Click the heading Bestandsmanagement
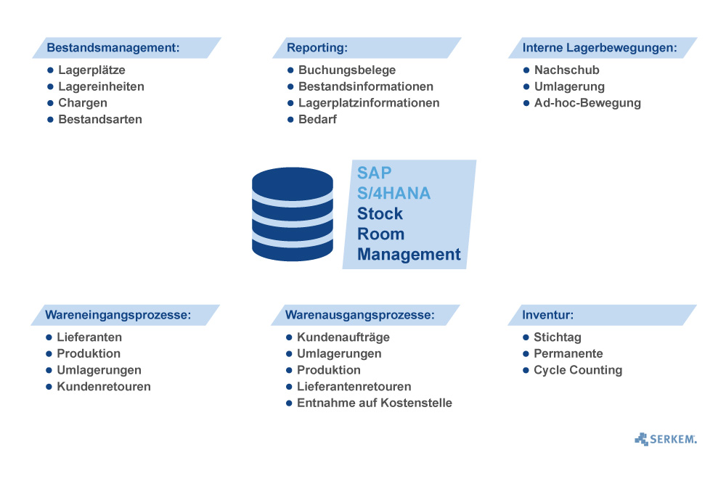[113, 48]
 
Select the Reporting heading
[317, 48]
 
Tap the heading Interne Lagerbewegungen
[600, 48]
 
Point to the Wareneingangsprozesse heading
[118, 315]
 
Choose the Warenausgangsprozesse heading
[359, 315]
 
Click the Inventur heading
[547, 315]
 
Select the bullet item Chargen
[83, 103]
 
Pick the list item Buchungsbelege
[347, 70]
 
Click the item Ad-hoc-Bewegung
[587, 103]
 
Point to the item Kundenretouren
[104, 387]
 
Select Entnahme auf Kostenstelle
[375, 403]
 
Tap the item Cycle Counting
[578, 370]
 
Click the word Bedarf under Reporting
[317, 119]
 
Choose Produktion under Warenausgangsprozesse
[329, 370]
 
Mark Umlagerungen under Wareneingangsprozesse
[99, 370]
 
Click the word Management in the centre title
[409, 255]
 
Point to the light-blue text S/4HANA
[393, 194]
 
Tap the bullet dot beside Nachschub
[526, 70]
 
